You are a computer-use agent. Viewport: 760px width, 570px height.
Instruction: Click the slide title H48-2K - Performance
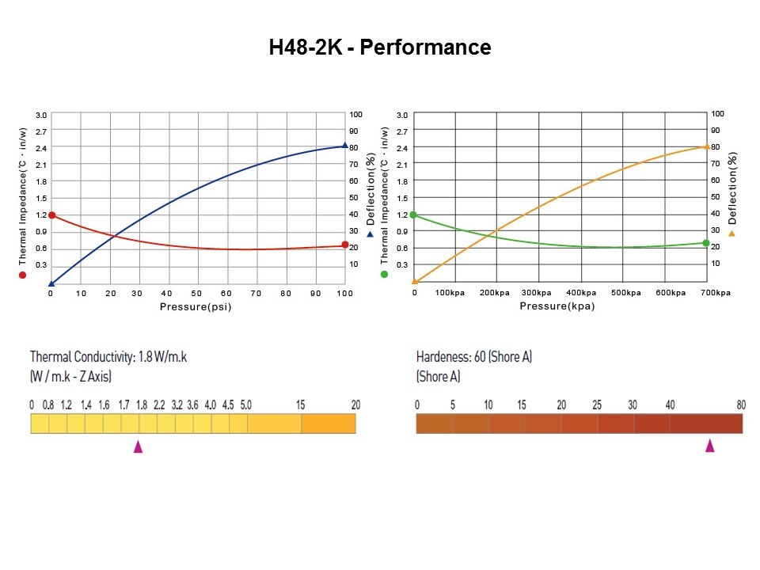click(380, 47)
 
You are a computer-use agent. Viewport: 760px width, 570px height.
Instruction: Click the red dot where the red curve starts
click(51, 215)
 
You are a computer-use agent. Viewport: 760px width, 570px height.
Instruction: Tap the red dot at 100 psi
click(344, 245)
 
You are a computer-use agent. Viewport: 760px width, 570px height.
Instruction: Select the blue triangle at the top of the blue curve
click(344, 145)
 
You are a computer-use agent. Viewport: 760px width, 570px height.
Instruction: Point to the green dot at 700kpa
click(706, 243)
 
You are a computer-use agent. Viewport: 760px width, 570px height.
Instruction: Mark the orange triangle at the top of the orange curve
click(706, 146)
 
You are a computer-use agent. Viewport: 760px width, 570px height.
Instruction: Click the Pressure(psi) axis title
click(196, 306)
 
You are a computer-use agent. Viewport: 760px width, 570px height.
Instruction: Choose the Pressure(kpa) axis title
click(557, 306)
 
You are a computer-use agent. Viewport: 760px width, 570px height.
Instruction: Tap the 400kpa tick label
click(581, 293)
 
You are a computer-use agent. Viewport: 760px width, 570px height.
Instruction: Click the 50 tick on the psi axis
click(197, 293)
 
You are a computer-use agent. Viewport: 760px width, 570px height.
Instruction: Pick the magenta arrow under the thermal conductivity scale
click(139, 446)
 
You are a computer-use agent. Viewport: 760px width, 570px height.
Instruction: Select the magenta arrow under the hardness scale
click(710, 446)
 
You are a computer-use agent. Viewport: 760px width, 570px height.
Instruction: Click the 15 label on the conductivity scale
click(301, 405)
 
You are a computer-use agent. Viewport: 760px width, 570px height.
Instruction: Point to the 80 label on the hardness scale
click(741, 405)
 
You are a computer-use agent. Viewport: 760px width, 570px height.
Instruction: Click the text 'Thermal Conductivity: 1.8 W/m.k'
click(108, 356)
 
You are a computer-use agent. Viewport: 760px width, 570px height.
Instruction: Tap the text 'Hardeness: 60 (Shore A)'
click(474, 356)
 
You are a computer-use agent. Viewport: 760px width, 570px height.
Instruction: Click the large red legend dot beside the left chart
click(23, 275)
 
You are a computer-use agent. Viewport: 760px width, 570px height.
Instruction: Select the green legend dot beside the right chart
click(385, 274)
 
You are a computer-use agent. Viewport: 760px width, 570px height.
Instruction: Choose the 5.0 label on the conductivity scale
click(245, 405)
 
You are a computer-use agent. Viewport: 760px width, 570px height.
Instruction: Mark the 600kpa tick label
click(670, 293)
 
